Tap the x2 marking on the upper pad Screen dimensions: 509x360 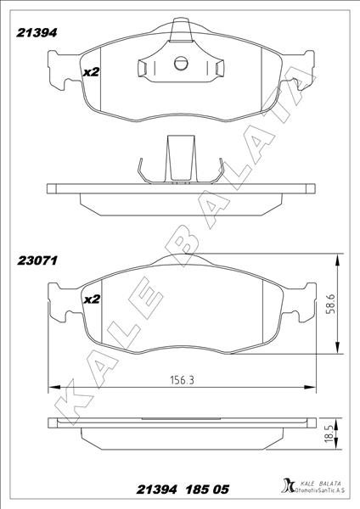pyautogui.click(x=91, y=72)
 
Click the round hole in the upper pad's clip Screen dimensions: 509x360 pyautogui.click(x=179, y=62)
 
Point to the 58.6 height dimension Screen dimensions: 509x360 pyautogui.click(x=331, y=303)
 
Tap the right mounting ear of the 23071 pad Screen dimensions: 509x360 pyautogui.click(x=303, y=301)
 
